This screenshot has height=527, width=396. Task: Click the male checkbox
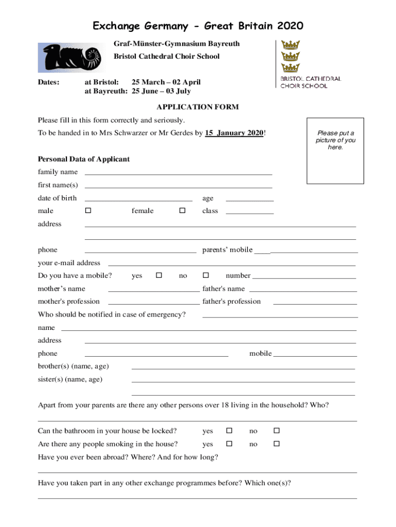pos(88,210)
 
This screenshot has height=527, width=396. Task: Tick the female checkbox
pos(182,210)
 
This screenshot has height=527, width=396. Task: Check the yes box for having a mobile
pos(158,275)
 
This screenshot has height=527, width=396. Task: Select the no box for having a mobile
pos(205,275)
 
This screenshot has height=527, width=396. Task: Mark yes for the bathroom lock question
pos(229,430)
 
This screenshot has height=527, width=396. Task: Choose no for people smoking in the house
pos(276,443)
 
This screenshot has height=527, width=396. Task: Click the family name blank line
pos(178,173)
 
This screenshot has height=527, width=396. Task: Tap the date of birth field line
pos(138,200)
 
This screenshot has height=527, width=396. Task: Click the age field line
pos(249,200)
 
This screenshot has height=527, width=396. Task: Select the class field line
pos(249,213)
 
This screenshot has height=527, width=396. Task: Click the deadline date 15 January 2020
pos(234,133)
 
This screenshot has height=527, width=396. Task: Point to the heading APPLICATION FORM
pos(197,107)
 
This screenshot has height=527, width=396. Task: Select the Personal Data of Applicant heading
pos(83,159)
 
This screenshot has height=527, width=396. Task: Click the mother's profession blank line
pos(154,303)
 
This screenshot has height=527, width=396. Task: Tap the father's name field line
pos(303,290)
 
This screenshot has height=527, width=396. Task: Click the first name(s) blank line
pos(178,187)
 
